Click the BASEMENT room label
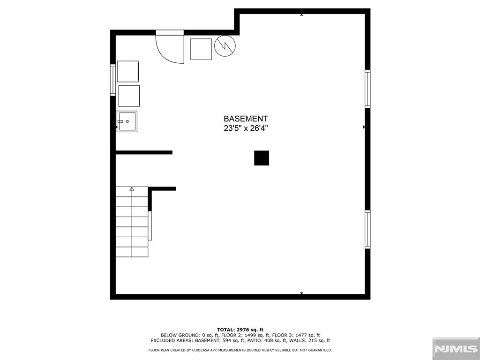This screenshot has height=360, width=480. tap(246, 119)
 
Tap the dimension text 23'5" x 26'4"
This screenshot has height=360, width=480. tap(246, 127)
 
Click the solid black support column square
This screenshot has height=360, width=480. tap(262, 158)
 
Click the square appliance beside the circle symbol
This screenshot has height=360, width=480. tap(201, 49)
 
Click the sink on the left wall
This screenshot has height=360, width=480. tap(127, 121)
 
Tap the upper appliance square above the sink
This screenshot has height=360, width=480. tap(128, 71)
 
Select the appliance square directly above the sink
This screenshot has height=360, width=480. tap(129, 96)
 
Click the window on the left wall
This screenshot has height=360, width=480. tap(113, 80)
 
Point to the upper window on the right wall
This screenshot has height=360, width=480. tap(367, 89)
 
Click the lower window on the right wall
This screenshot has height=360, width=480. tap(367, 229)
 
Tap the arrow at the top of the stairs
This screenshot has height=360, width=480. tap(132, 189)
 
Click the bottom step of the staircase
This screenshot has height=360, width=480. tap(132, 252)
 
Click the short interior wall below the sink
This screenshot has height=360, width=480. tap(144, 152)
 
